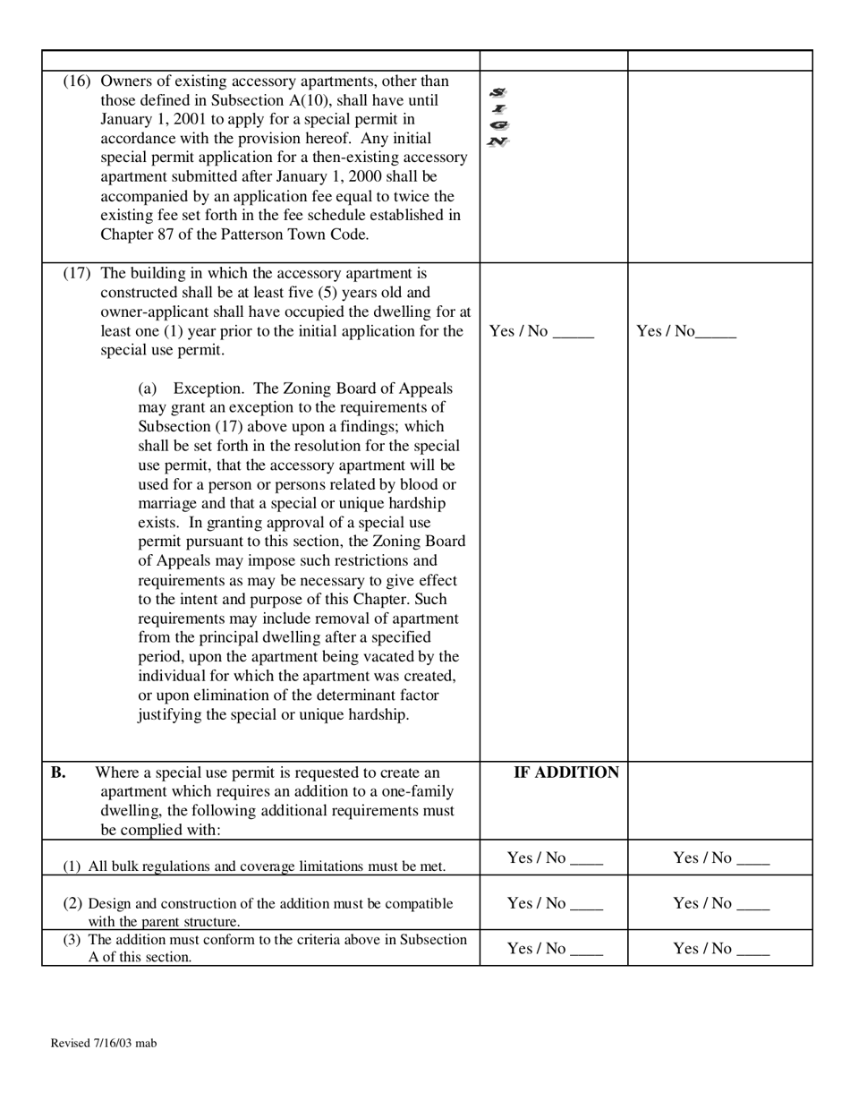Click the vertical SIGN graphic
[498, 117]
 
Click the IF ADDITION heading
[565, 772]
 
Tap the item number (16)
[77, 81]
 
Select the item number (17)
[77, 273]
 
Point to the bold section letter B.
[57, 772]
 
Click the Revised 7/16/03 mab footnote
[104, 1043]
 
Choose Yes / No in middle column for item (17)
[541, 331]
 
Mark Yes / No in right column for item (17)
[685, 331]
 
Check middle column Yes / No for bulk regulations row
[555, 858]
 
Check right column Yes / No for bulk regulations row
[721, 858]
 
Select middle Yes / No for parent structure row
[555, 903]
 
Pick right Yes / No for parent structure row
[721, 903]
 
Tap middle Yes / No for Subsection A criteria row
[555, 949]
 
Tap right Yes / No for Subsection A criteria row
[721, 949]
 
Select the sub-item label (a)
[148, 388]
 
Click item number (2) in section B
[72, 904]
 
